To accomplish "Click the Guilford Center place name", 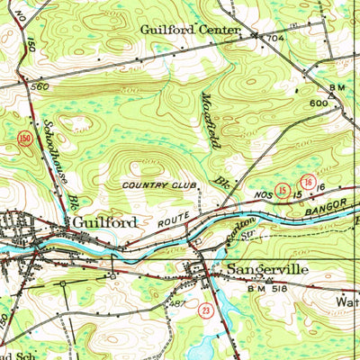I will (190, 30).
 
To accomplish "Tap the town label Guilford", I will (104, 221).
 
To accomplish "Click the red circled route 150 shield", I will (24, 137).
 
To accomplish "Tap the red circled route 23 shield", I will (205, 309).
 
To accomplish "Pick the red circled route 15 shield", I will (283, 191).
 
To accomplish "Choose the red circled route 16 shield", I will (308, 182).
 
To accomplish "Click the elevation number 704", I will (274, 39).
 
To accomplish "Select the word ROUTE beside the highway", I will (169, 220).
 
